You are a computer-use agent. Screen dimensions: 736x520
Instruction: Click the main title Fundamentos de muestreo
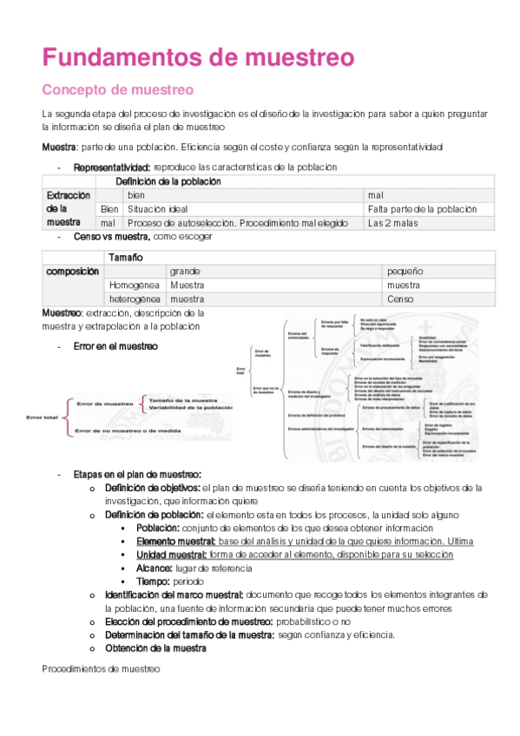coord(198,57)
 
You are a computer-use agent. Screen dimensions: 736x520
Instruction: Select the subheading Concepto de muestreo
coord(118,90)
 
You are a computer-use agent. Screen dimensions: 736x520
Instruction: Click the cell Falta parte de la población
coord(422,209)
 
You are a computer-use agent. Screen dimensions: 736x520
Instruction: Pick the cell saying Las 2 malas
coord(392,223)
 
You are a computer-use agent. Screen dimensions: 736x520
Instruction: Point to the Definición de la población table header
coord(168,181)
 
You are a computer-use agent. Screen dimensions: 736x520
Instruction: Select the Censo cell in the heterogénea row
coord(401,299)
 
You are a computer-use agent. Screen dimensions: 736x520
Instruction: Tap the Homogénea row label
coord(135,285)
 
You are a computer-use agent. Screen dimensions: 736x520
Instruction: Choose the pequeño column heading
coord(405,271)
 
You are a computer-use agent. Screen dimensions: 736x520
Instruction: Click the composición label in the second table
coord(72,271)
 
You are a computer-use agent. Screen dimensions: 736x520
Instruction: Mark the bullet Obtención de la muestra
coord(155,647)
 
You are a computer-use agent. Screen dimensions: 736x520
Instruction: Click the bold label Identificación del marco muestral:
coord(174,595)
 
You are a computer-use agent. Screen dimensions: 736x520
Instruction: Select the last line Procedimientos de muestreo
coord(101,669)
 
